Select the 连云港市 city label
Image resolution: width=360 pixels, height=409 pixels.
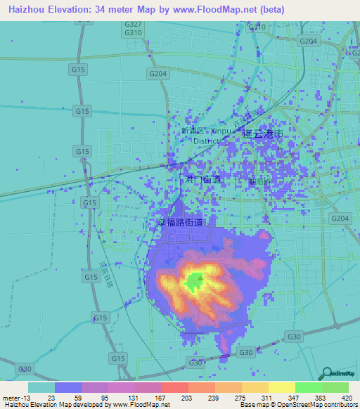coord(263,133)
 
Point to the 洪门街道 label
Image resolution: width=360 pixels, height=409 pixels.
coord(202,180)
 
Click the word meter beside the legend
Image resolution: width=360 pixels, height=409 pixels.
coord(10,398)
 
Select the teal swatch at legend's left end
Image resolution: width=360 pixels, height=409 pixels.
coord(41,387)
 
